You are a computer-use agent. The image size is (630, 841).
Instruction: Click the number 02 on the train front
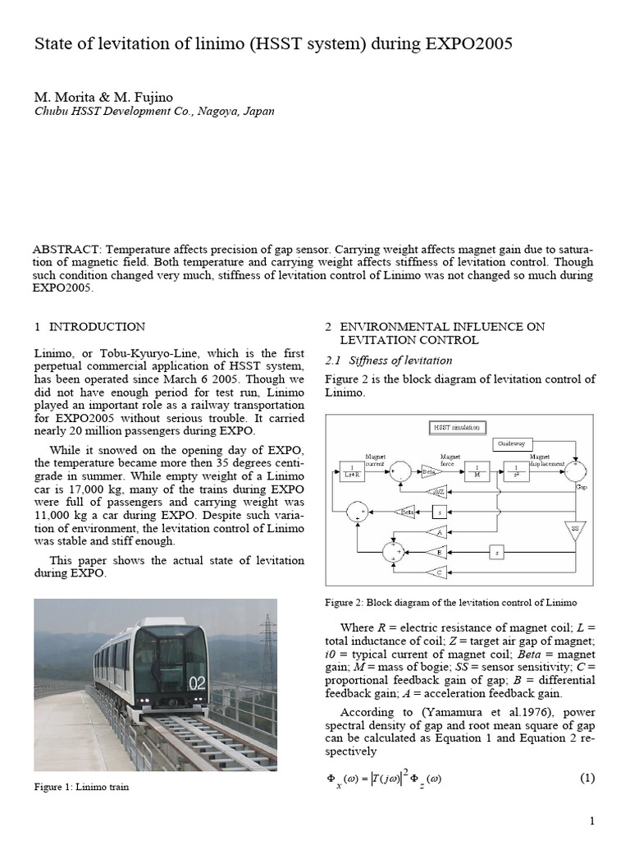[196, 682]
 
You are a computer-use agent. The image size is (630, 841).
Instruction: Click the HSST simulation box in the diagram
[458, 428]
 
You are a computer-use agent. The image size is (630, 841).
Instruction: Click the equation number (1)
[587, 778]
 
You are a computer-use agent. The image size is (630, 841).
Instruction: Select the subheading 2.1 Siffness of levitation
[389, 360]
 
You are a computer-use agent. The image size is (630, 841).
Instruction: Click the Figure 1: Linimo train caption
[81, 787]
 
